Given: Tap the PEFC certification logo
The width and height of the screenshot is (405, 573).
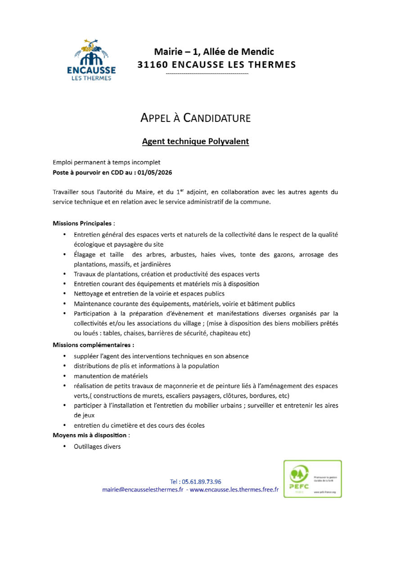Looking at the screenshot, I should [x=312, y=479].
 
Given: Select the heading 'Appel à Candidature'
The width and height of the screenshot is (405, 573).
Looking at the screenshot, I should [x=195, y=118].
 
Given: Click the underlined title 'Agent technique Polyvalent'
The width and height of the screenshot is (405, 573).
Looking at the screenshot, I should [x=195, y=141].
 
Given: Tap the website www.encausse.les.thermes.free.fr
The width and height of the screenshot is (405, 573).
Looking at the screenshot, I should [x=234, y=489].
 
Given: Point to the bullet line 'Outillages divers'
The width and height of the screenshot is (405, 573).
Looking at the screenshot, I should [x=97, y=446].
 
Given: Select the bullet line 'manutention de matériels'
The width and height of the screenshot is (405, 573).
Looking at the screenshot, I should [x=111, y=376].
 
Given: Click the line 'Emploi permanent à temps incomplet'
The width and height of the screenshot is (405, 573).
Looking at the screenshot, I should [x=106, y=162].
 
